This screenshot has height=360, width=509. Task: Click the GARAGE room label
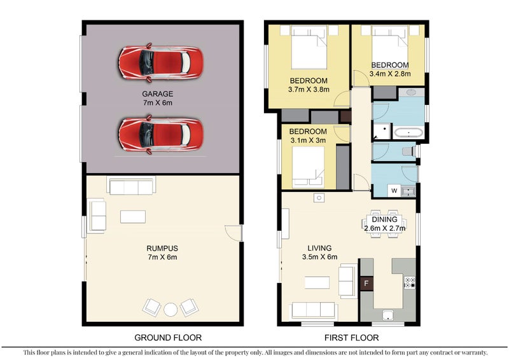(157, 93)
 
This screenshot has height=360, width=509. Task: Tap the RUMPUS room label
(162, 248)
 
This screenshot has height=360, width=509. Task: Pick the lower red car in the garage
(161, 134)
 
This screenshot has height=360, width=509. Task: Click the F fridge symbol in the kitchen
(366, 284)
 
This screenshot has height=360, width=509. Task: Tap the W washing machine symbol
(394, 191)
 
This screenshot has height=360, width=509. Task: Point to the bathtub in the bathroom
(408, 132)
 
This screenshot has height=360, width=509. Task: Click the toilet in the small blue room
(408, 151)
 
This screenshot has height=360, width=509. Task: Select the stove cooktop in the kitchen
(410, 283)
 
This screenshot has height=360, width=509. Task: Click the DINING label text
(384, 220)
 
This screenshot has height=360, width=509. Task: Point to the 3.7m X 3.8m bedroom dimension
(309, 89)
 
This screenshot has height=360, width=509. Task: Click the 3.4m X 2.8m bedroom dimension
(390, 74)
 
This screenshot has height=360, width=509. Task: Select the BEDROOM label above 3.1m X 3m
(308, 132)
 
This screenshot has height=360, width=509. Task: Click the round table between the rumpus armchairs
(171, 309)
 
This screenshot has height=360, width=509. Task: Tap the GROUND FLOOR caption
(168, 338)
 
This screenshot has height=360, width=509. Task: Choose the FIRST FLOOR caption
(352, 338)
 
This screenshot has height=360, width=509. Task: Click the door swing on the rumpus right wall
(233, 233)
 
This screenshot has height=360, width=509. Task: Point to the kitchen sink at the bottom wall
(388, 315)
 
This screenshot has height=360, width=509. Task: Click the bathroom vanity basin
(411, 92)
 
